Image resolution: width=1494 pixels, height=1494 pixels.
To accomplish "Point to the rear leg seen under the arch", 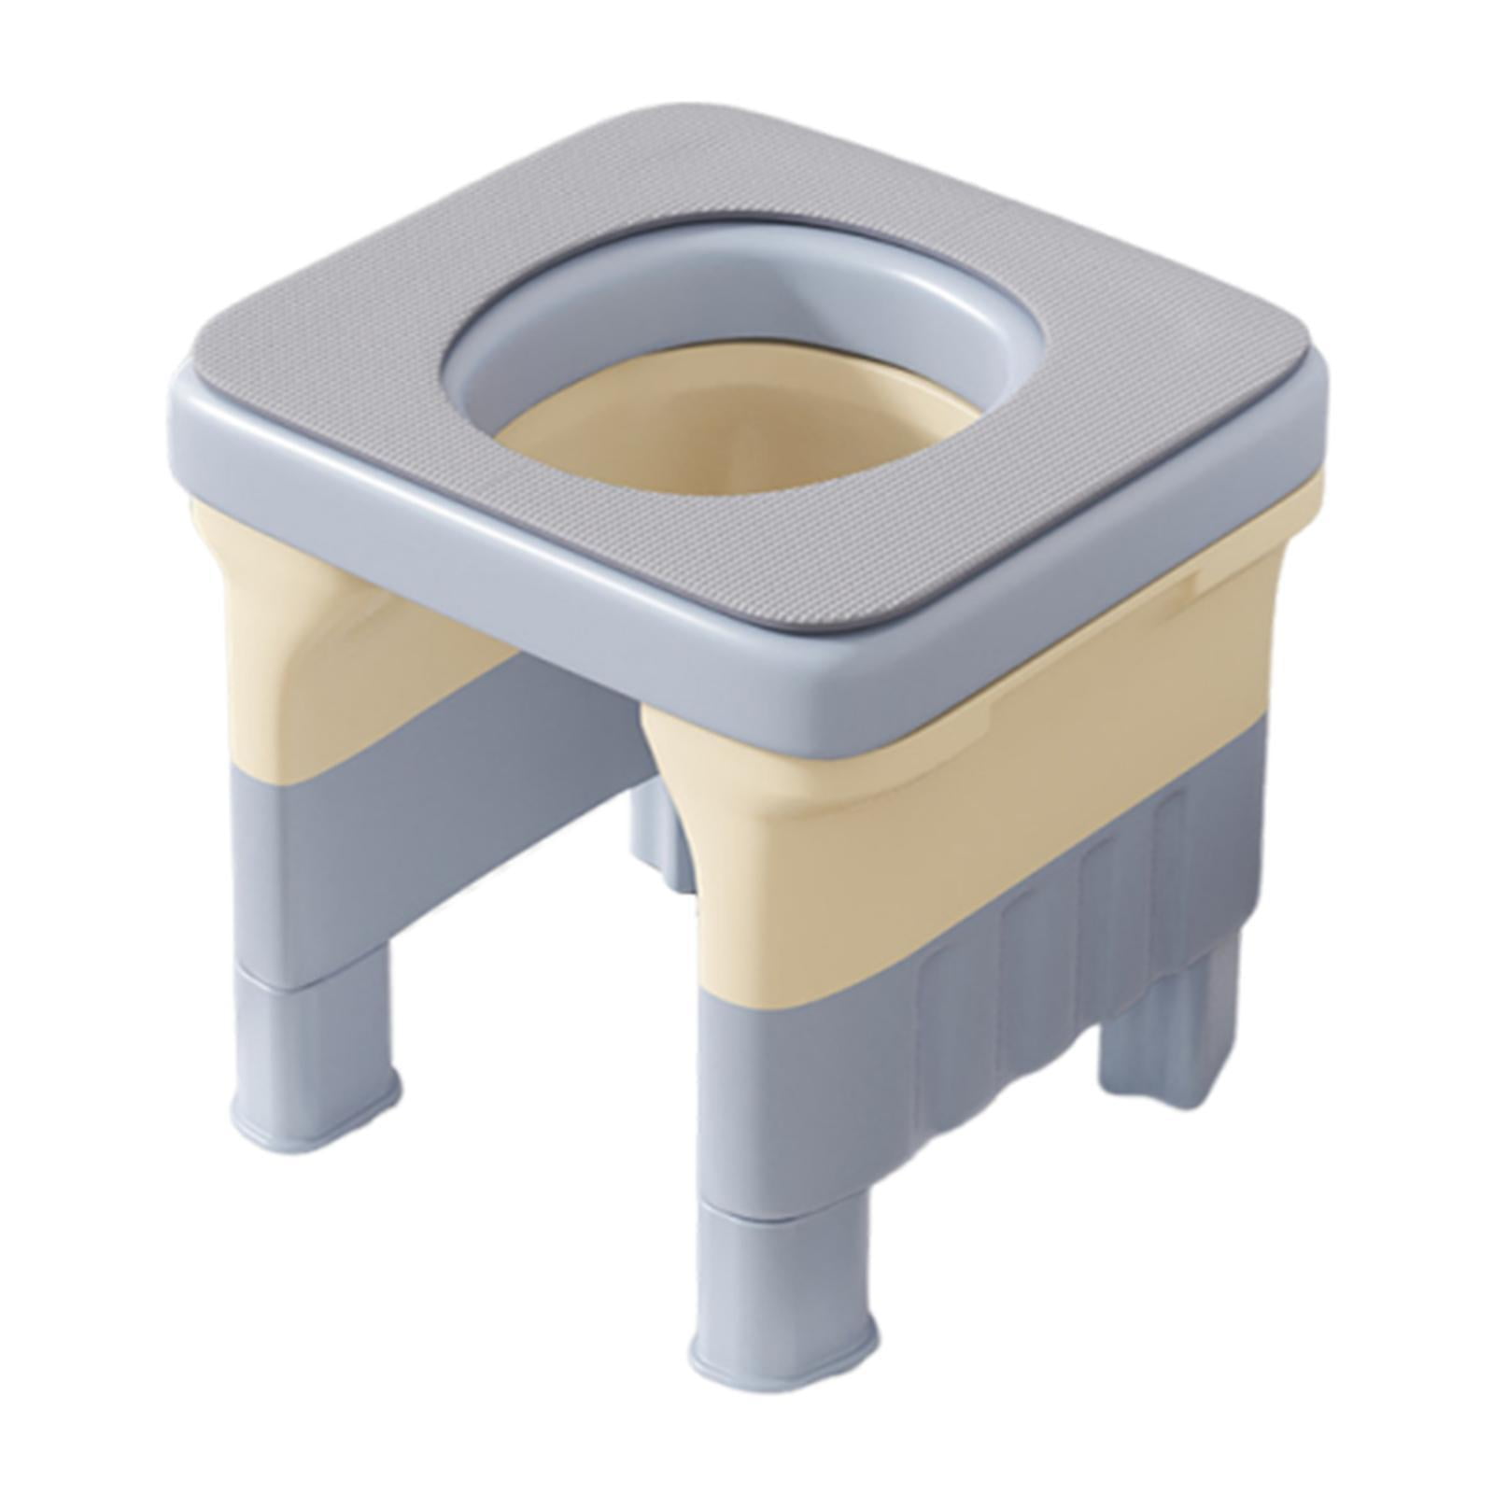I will point(658,831).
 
